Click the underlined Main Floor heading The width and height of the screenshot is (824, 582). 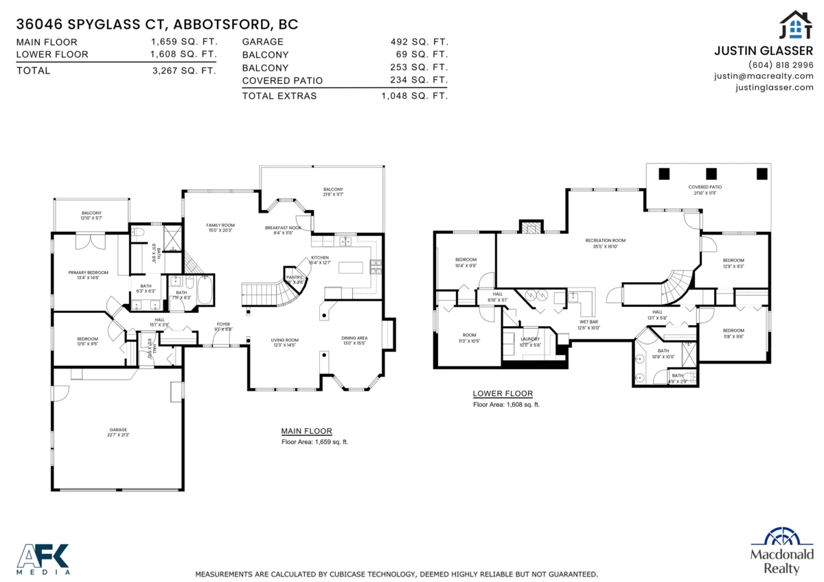coord(306,431)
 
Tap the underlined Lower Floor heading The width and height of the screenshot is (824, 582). coord(503,393)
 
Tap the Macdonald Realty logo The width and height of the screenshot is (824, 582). coord(781,551)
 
